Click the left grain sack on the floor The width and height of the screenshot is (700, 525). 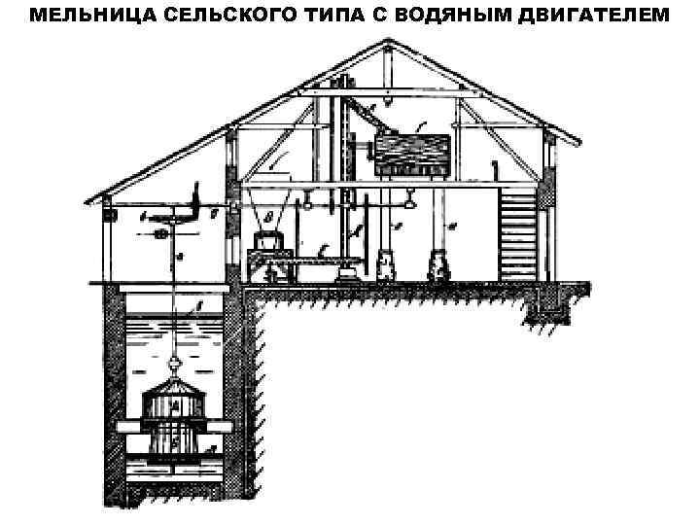pos(385,265)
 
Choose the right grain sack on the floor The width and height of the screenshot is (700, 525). pos(436,263)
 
